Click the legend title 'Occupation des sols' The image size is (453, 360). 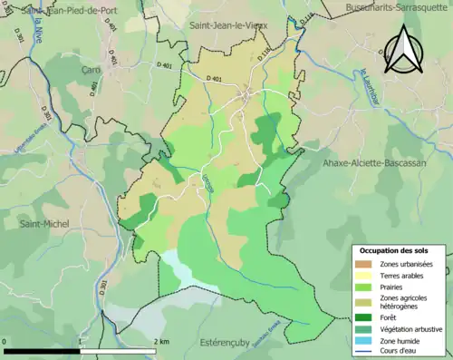click(x=395, y=250)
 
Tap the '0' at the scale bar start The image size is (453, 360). click(x=5, y=341)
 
